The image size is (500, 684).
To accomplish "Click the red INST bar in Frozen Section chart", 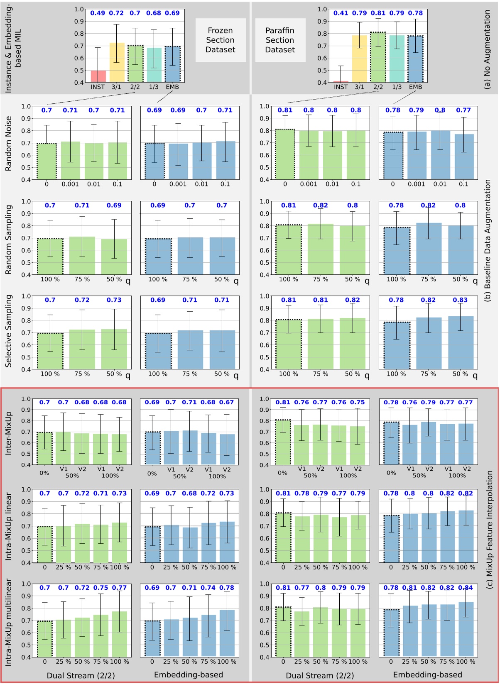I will (98, 76).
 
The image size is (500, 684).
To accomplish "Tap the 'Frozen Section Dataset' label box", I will (221, 40).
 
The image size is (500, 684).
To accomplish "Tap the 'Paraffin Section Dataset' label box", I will (280, 40).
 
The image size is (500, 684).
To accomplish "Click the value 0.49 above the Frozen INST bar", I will (98, 13).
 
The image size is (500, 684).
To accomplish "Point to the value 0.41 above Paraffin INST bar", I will (341, 13).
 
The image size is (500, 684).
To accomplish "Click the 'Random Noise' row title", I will (9, 144).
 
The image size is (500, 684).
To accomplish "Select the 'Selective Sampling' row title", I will (9, 331).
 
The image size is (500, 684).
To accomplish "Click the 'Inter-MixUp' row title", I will (9, 433).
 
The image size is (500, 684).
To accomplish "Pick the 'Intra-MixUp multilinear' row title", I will (9, 622).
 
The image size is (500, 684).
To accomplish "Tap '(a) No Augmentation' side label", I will (488, 49).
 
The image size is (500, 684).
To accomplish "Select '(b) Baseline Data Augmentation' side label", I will (488, 240).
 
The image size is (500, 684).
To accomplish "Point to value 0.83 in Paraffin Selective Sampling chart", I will (460, 300).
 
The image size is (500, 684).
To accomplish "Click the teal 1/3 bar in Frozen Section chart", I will (154, 65).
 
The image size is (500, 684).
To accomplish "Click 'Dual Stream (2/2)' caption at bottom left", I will (81, 676).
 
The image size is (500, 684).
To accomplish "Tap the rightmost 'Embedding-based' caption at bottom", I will (427, 675).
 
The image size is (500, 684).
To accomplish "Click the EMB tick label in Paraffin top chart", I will (415, 87).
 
